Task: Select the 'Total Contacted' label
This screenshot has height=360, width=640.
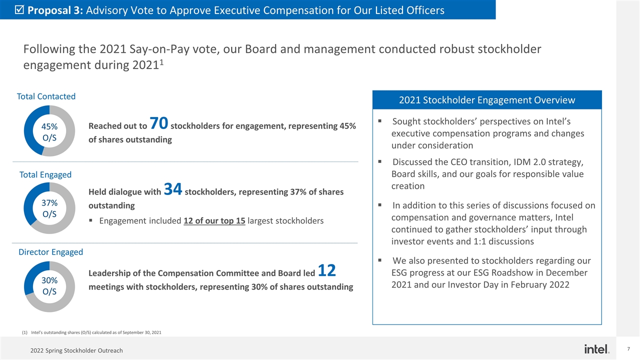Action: point(46,96)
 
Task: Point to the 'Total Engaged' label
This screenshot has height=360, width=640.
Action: point(45,174)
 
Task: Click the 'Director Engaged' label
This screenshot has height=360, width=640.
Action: point(50,252)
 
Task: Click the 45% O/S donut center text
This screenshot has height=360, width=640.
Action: point(49,131)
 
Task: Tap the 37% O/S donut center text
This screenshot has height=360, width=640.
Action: point(49,208)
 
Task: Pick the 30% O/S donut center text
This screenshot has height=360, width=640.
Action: point(49,286)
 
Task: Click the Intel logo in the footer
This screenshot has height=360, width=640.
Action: point(596,348)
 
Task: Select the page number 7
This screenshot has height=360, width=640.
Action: point(628,348)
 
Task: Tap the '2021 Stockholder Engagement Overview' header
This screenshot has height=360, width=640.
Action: point(486,100)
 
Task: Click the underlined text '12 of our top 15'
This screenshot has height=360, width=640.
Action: point(214,221)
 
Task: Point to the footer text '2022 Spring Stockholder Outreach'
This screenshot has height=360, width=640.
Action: point(76,350)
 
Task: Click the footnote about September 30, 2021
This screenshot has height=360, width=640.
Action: point(95,332)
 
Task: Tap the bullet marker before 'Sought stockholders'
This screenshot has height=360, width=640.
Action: point(380,121)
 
